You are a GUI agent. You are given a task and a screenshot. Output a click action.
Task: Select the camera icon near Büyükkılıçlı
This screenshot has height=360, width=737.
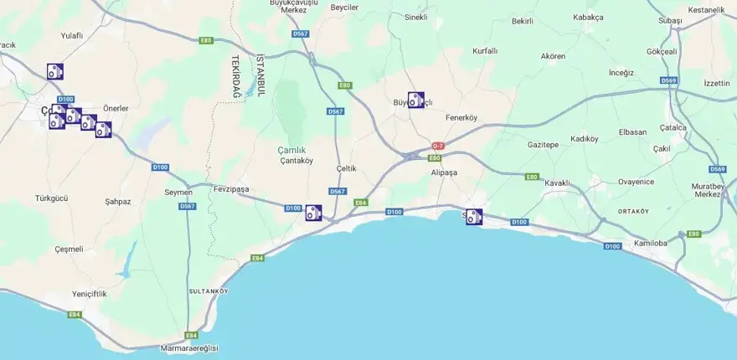(415, 100)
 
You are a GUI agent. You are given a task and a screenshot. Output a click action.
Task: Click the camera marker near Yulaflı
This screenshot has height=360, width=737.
(55, 72)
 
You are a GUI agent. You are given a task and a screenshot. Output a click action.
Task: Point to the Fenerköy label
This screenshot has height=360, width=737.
(461, 117)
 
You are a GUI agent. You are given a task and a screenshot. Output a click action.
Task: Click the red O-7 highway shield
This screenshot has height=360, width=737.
(438, 146)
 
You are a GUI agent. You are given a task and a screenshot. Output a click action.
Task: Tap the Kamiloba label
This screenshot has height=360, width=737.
(651, 243)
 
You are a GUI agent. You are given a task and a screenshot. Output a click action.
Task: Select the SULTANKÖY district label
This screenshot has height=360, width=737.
(209, 291)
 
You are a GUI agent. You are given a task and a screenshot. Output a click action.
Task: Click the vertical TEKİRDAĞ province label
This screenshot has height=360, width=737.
(236, 77)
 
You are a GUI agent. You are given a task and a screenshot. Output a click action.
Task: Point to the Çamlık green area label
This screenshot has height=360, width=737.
(291, 150)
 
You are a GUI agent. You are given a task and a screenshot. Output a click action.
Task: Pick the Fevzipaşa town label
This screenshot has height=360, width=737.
(231, 189)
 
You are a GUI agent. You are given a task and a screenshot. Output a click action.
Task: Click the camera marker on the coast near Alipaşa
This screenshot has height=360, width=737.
(474, 217)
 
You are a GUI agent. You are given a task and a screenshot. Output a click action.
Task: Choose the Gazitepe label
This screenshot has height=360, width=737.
(543, 144)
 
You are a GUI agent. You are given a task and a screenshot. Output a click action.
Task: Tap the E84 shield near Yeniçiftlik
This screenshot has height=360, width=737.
(75, 315)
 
